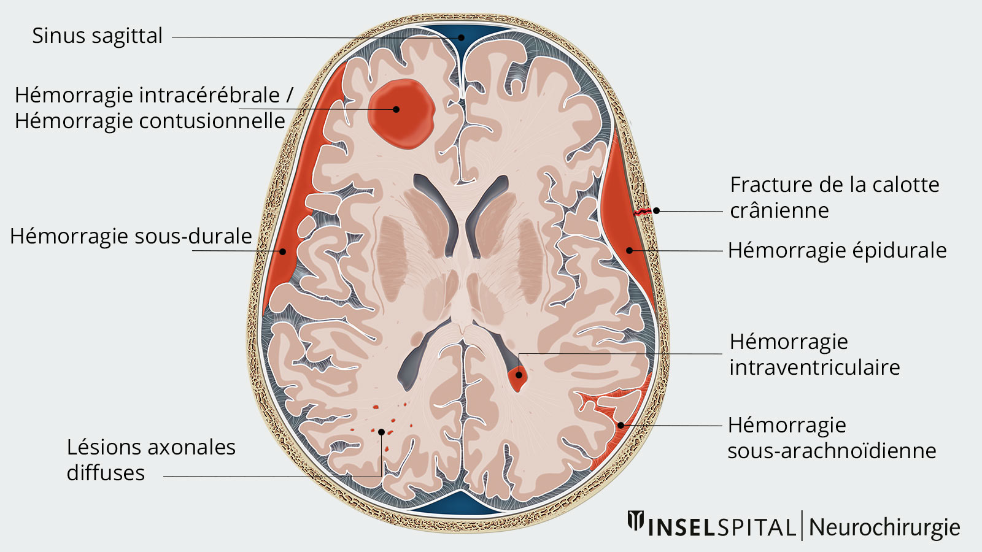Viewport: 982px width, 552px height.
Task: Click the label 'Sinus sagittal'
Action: pos(98,36)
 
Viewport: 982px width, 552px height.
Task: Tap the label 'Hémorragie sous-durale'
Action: pos(131,236)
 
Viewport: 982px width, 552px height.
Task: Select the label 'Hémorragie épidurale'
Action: pos(837,251)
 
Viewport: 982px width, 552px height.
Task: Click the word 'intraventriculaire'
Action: pos(814,367)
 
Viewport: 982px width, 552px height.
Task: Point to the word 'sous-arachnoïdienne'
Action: pos(832,450)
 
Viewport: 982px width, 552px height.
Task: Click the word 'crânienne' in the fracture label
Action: pos(779,211)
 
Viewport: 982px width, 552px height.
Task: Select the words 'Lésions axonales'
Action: pos(151,447)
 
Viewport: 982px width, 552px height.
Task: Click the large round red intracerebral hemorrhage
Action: pos(401,114)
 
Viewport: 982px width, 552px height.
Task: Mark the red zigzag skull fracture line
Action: pos(642,212)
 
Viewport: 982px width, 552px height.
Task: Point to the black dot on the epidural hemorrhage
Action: pos(630,250)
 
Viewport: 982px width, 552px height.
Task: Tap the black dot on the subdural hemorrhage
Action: pos(283,251)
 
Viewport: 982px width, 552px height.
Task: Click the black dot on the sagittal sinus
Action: pos(461,37)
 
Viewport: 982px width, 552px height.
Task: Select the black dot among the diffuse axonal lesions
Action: pos(381,432)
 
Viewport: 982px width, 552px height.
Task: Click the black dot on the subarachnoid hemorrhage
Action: pos(621,425)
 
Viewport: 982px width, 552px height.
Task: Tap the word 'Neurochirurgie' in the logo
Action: pos(884,527)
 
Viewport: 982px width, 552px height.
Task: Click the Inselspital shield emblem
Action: pos(636,521)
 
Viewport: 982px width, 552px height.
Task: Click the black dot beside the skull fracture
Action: pos(656,211)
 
